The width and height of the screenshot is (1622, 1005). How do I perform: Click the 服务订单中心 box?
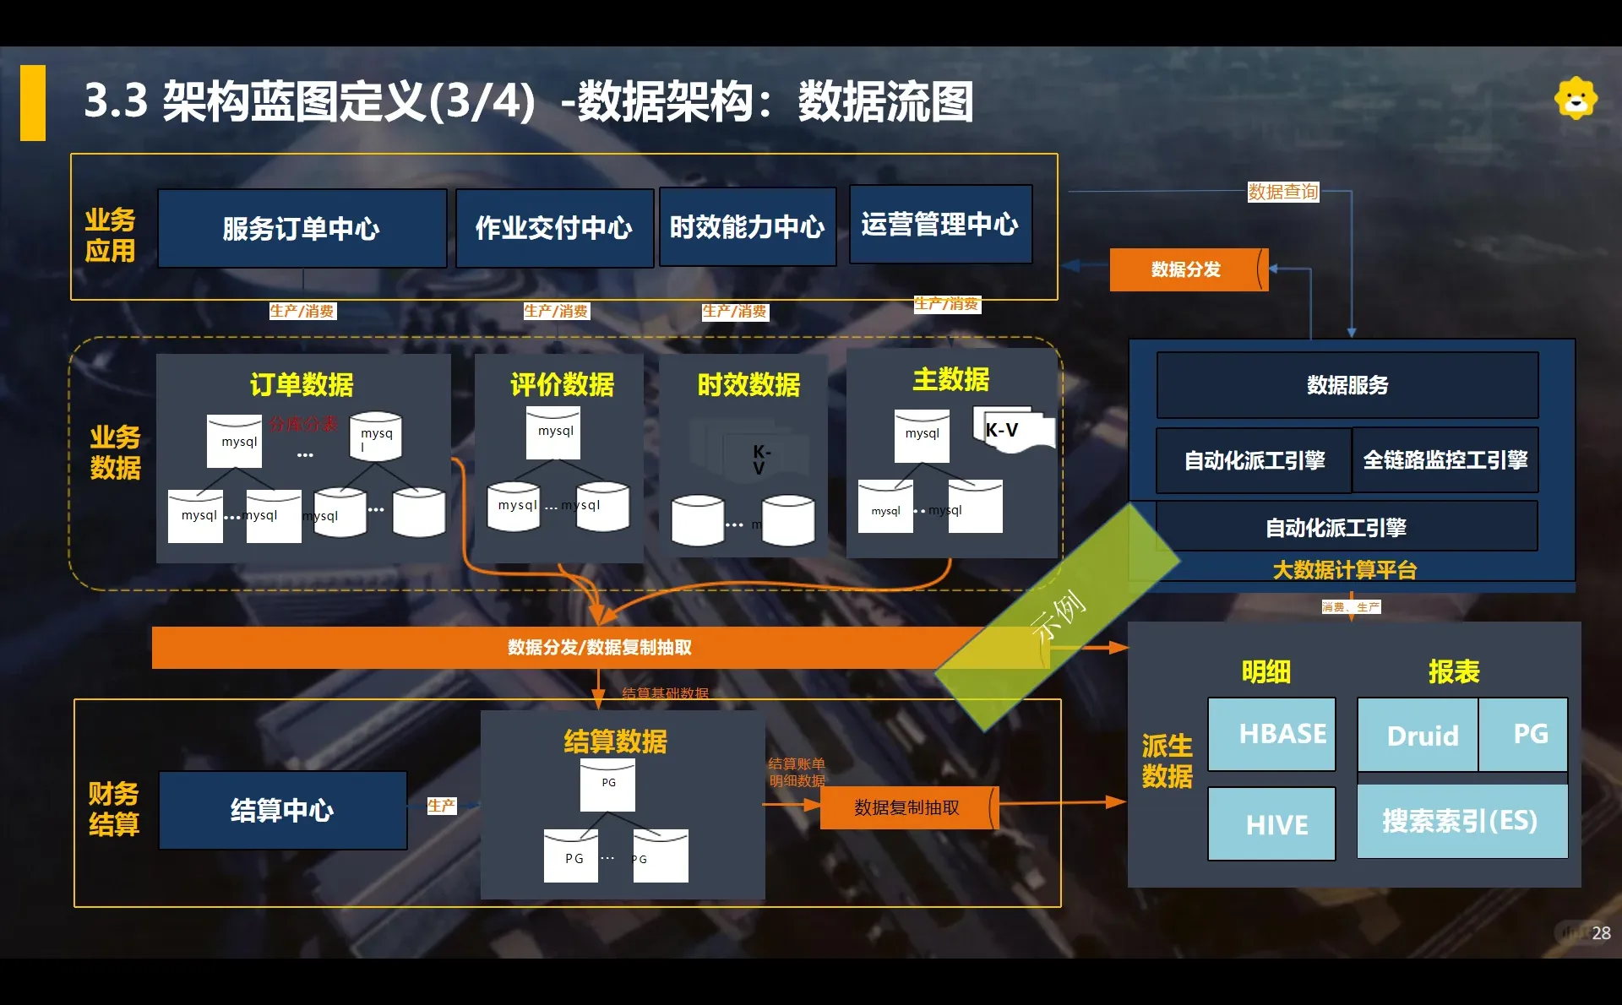coord(302,228)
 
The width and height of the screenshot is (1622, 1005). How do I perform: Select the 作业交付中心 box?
coord(554,228)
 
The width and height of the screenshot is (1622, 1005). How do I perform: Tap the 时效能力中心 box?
coord(747,227)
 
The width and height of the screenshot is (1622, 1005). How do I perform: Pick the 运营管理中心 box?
coord(939,225)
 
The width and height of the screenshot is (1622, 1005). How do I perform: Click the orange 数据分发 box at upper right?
coord(1186,269)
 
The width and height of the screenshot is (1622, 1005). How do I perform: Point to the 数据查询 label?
coord(1282,192)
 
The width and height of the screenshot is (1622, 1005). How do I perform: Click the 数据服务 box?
coord(1347,385)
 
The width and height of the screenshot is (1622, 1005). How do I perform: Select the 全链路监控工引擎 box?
coord(1445,460)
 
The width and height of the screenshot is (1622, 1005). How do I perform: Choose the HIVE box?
coord(1271,824)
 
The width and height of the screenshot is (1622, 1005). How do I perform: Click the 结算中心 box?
coord(282,811)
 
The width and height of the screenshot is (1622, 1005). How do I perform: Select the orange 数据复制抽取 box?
coord(907,807)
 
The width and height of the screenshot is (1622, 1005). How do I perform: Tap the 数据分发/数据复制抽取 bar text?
coord(599,648)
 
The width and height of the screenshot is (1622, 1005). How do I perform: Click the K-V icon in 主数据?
coord(1010,431)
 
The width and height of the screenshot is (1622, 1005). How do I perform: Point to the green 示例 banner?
coord(1058,617)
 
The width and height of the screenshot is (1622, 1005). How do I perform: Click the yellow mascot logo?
coord(1576,99)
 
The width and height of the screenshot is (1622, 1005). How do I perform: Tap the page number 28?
coord(1601,933)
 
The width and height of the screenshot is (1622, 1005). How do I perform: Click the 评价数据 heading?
coord(562,385)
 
